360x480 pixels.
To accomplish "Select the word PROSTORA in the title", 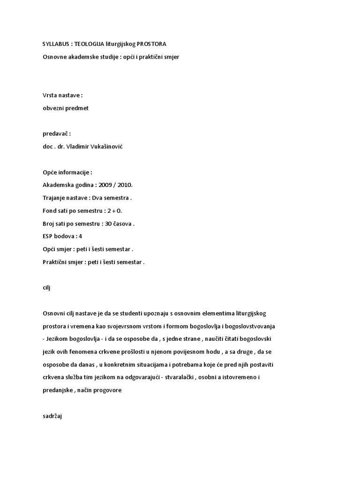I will [x=151, y=45].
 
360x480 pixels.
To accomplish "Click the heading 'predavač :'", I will [x=57, y=134].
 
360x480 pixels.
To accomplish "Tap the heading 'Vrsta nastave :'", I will [x=63, y=95].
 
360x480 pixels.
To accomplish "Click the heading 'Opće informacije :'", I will [x=67, y=172].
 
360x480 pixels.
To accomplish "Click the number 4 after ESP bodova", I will [x=81, y=236].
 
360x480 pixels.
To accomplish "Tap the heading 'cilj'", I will [x=46, y=288].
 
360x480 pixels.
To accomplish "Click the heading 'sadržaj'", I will [x=52, y=415].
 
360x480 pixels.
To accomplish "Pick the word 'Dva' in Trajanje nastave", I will [x=97, y=198].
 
